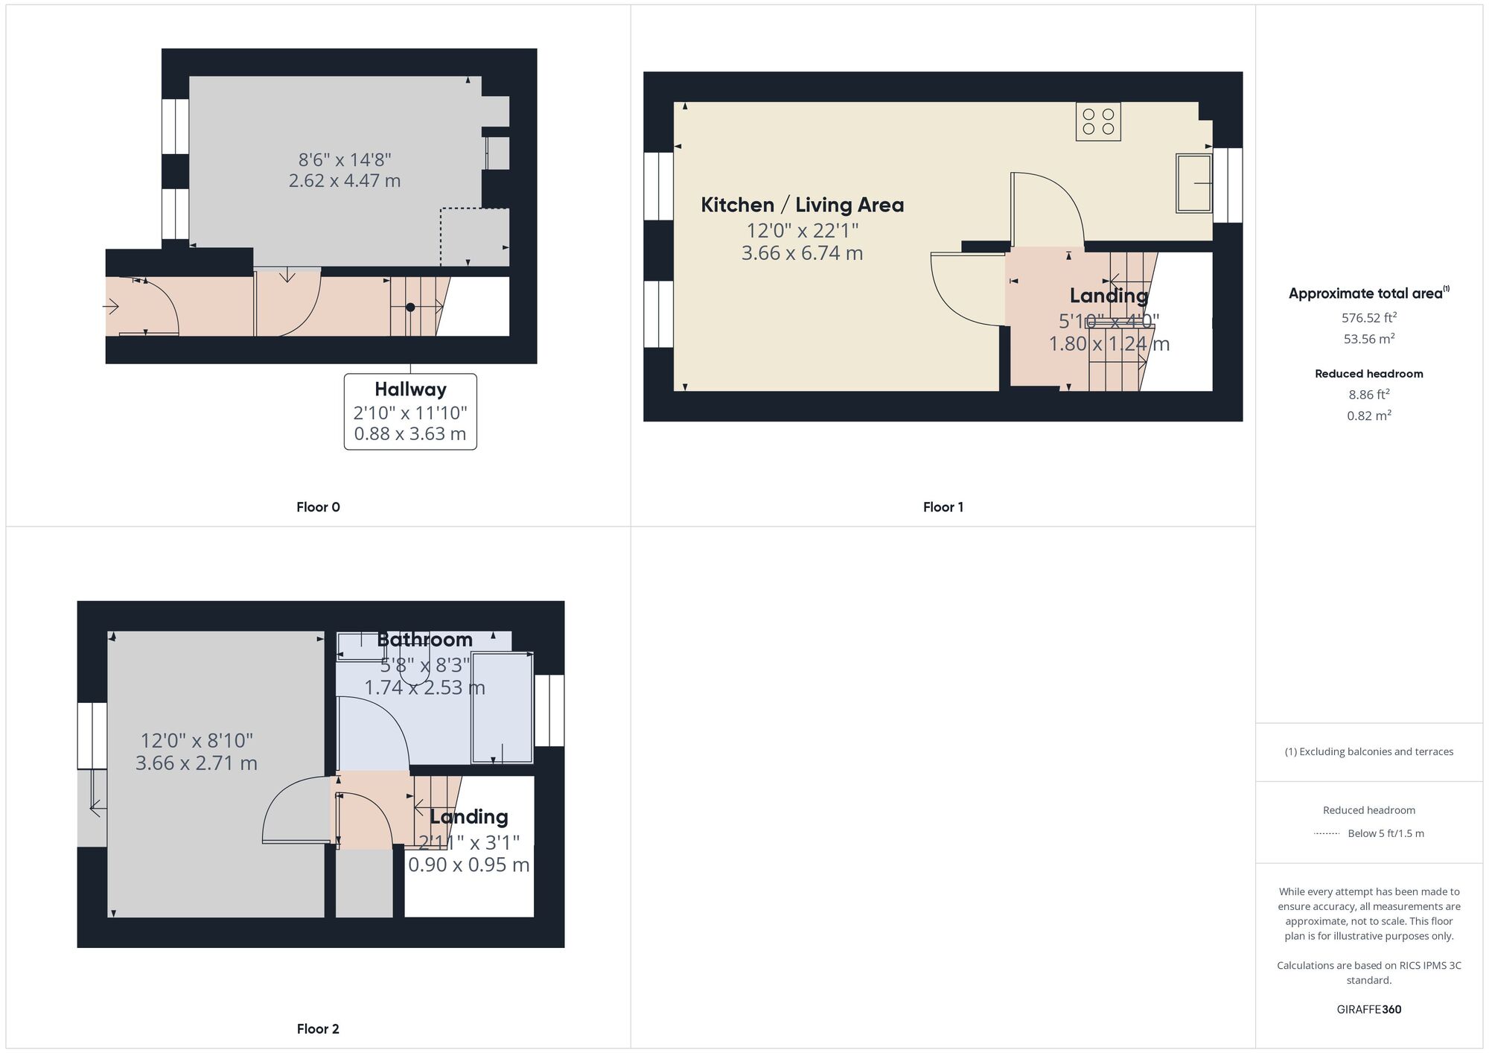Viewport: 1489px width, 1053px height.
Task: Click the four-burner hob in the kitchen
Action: (x=1098, y=121)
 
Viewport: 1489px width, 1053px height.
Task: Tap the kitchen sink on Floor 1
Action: (x=1193, y=182)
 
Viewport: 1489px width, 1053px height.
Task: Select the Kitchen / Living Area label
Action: (x=802, y=205)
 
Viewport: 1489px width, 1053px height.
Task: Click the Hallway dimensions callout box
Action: (x=410, y=412)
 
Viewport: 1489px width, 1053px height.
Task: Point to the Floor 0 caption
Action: (x=318, y=507)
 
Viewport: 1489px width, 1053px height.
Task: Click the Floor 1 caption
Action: (x=943, y=507)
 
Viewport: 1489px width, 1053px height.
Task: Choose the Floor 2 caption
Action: (x=318, y=1029)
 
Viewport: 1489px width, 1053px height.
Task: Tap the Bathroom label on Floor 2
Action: (x=424, y=640)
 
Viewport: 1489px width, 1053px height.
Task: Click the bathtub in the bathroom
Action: (x=503, y=707)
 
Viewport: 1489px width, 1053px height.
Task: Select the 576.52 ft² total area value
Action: (x=1368, y=318)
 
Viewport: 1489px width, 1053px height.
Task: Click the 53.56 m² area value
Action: (x=1368, y=339)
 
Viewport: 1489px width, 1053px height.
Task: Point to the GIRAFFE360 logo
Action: (x=1368, y=1010)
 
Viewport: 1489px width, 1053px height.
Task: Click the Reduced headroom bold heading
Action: (x=1368, y=374)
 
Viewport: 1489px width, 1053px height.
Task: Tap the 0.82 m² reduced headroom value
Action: (x=1368, y=416)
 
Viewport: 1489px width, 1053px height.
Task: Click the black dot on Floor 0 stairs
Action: (x=410, y=307)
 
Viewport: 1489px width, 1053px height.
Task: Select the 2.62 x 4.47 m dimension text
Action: (x=345, y=181)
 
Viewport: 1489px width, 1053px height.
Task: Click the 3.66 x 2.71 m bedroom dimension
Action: (x=197, y=763)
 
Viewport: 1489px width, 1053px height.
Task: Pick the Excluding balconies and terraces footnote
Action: (x=1368, y=751)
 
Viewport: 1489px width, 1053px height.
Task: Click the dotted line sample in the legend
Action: (x=1327, y=833)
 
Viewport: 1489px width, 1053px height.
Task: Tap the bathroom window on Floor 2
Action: (x=549, y=710)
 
